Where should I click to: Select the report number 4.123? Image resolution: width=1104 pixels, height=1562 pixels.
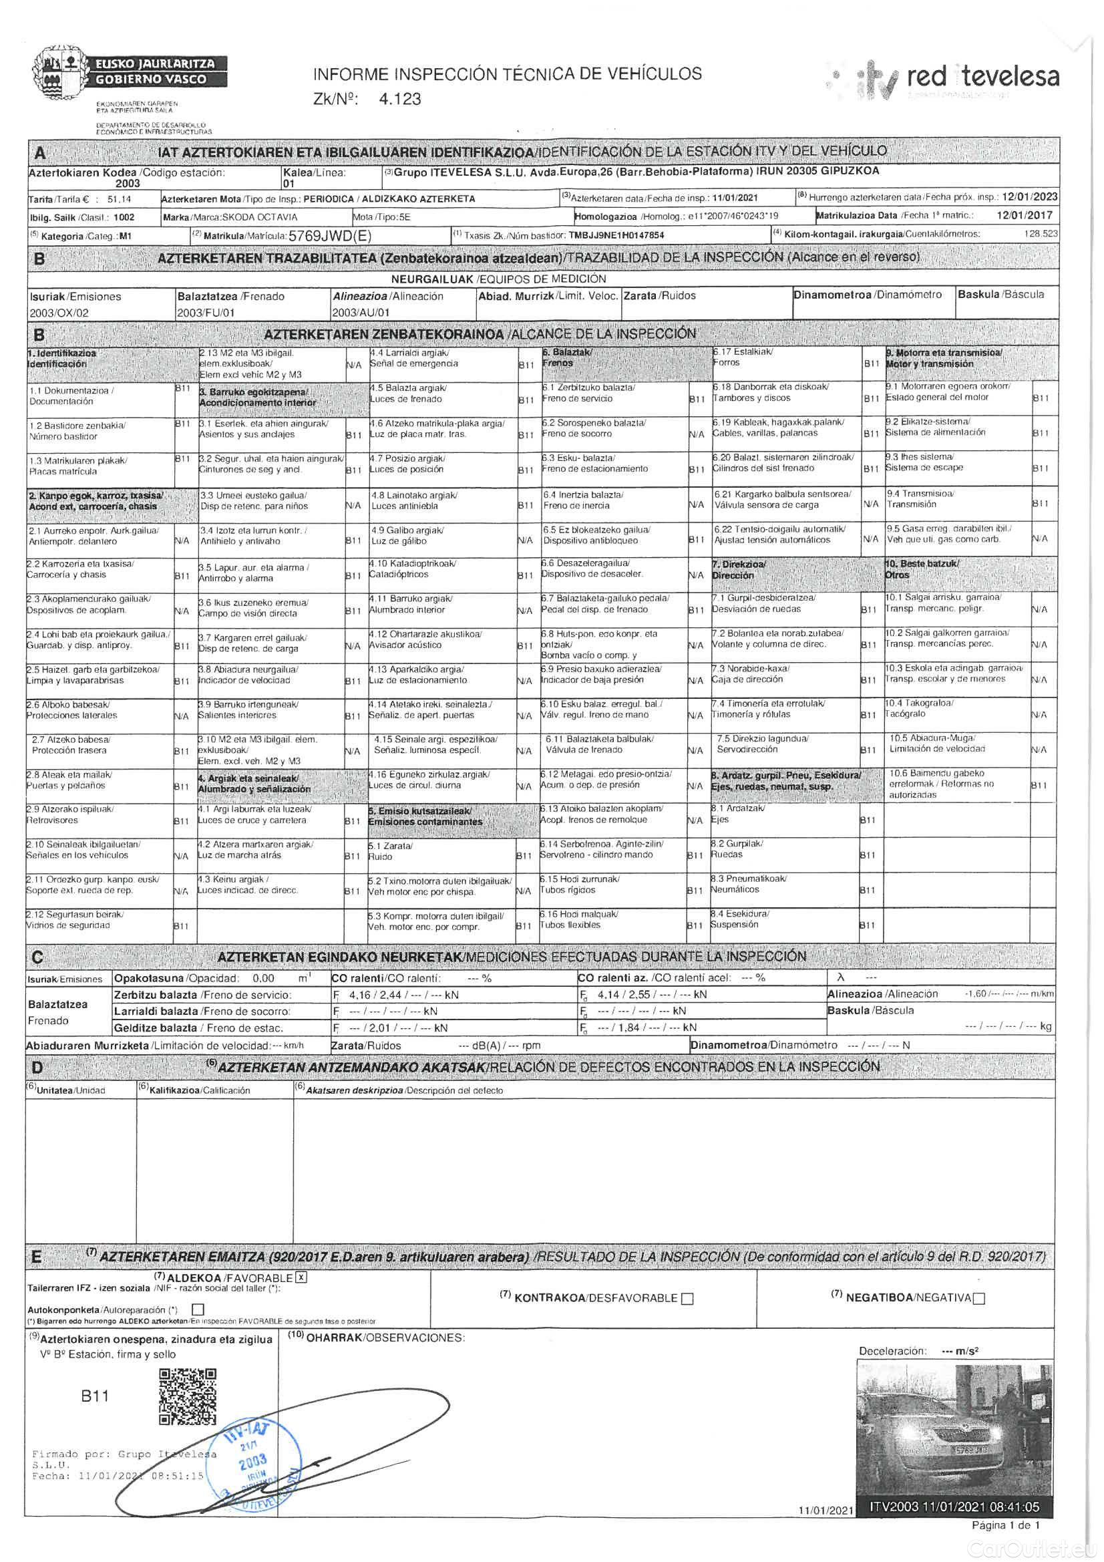click(400, 100)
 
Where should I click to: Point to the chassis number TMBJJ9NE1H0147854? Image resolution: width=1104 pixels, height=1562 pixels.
click(616, 235)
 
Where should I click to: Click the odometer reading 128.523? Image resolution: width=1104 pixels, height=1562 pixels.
click(1041, 233)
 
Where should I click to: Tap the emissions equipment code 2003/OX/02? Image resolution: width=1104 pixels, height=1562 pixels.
click(59, 313)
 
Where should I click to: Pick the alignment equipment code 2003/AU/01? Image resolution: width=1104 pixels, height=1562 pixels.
click(361, 313)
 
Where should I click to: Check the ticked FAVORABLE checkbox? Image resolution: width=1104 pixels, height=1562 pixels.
click(301, 1277)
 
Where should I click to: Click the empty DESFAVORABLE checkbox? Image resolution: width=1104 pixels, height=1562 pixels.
click(687, 1298)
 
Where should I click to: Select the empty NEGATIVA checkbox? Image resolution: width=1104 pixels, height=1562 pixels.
click(979, 1298)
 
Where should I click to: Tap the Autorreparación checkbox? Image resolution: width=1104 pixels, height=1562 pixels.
click(198, 1309)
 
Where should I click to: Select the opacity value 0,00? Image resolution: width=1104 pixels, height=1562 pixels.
click(263, 978)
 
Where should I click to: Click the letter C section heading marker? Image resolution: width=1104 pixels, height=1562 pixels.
click(37, 957)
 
